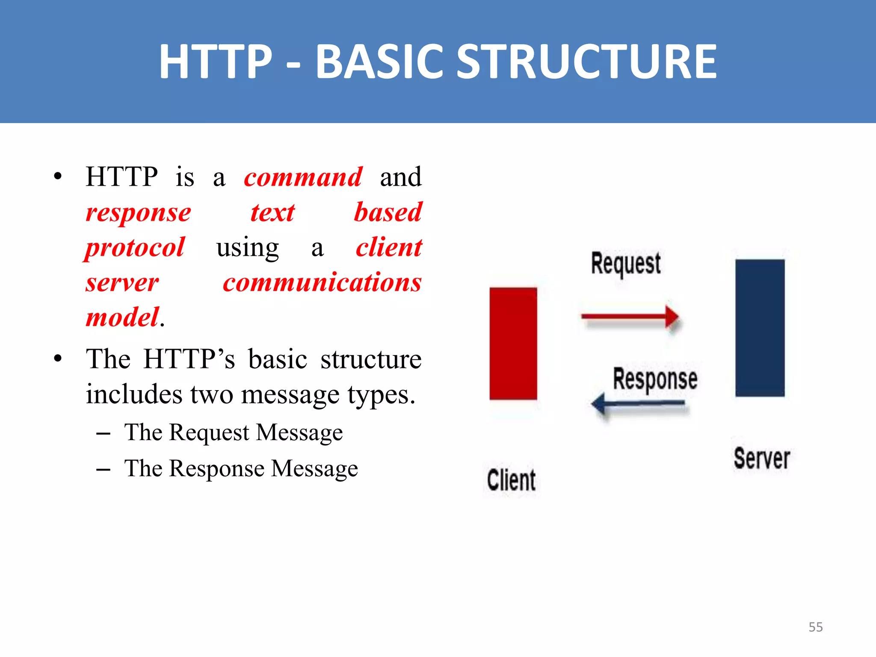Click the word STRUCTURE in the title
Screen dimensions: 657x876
click(x=586, y=62)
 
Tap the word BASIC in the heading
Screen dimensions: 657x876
click(x=379, y=62)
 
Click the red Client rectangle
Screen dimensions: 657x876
click(x=513, y=343)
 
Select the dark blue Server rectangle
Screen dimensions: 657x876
click(x=760, y=328)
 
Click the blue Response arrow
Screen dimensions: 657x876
click(x=639, y=403)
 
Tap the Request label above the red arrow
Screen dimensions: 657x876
click(x=625, y=263)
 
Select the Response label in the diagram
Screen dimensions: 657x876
click(x=655, y=379)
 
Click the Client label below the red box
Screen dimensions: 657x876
click(x=511, y=480)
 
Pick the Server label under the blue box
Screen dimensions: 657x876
click(x=762, y=459)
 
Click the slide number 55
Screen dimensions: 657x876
click(x=815, y=627)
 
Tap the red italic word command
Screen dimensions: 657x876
click(x=303, y=177)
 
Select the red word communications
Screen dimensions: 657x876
click(x=322, y=283)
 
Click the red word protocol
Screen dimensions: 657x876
click(x=135, y=248)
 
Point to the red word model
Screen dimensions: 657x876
click(x=123, y=318)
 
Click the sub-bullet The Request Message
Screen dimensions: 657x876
click(x=233, y=432)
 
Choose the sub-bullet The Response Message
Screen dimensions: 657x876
click(x=241, y=468)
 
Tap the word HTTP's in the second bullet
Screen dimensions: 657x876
click(x=189, y=359)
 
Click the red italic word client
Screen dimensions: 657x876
click(x=389, y=248)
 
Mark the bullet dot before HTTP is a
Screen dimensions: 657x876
click(x=58, y=177)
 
